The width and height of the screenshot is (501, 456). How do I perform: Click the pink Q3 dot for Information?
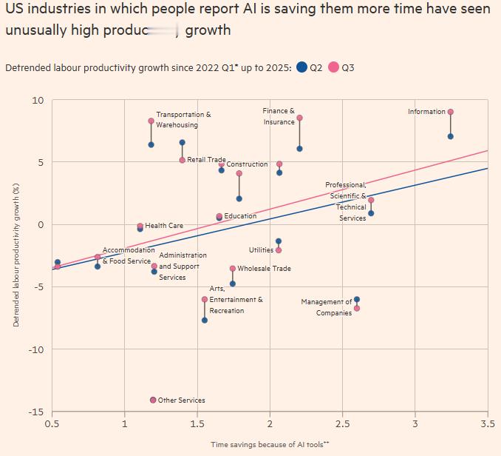[451, 112]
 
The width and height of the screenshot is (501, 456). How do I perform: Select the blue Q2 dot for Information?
[451, 136]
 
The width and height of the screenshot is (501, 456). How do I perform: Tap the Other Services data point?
[153, 400]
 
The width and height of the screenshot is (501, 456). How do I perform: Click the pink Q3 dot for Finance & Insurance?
[299, 118]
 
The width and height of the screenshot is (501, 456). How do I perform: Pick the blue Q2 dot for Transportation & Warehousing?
[151, 144]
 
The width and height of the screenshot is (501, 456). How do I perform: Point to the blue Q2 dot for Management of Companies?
[357, 299]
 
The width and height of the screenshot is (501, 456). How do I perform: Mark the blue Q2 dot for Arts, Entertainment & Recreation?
[205, 320]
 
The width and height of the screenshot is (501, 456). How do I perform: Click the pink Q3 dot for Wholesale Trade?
[233, 269]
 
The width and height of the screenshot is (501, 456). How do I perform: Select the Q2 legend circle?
[301, 67]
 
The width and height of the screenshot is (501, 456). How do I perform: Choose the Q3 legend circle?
[333, 67]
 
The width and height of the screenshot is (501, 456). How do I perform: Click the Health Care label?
[164, 226]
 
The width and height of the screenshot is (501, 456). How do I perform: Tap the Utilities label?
[261, 250]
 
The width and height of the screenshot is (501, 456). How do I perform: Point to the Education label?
[240, 216]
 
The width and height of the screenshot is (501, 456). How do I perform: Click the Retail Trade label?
[206, 160]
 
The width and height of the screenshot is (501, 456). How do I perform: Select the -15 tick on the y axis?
[36, 412]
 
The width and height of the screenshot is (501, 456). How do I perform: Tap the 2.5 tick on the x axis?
[342, 424]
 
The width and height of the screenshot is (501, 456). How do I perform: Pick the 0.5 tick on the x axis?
[52, 424]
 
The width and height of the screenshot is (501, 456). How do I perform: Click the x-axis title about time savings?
[270, 443]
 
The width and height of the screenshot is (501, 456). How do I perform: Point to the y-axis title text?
[16, 256]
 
